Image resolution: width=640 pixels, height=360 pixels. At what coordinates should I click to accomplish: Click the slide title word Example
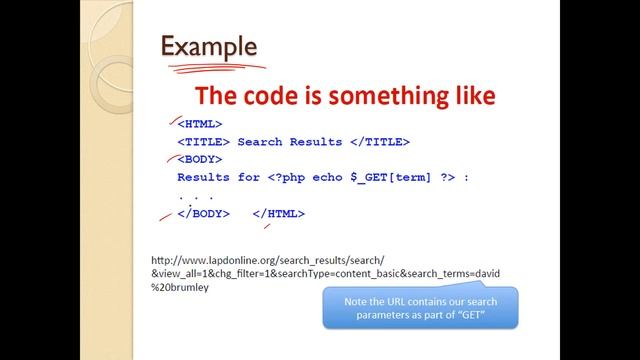209,46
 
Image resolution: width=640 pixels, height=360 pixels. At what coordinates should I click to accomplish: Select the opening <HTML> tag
199,124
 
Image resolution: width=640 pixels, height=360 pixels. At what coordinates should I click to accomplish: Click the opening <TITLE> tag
203,142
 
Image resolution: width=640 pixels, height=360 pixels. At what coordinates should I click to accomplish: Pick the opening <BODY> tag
199,160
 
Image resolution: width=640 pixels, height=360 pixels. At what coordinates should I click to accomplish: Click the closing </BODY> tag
203,214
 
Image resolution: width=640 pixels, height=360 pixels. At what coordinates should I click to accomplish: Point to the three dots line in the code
195,196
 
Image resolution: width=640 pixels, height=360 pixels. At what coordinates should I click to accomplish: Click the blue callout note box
420,308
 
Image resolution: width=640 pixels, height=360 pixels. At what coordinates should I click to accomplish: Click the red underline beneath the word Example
215,68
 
